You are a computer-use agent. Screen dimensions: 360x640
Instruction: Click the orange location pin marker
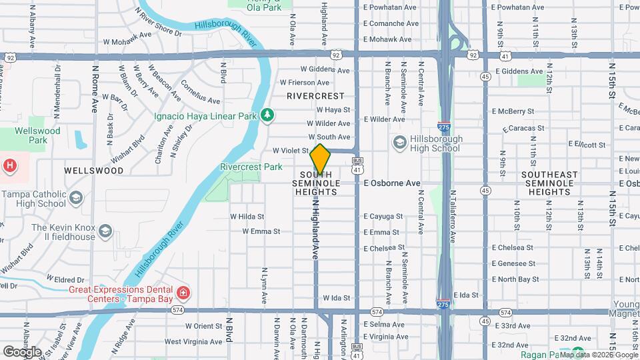click(320, 159)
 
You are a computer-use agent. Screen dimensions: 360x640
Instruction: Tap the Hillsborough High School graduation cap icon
click(399, 141)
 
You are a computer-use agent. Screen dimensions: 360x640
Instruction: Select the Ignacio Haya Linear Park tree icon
click(267, 115)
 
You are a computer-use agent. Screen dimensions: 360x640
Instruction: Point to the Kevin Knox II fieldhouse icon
click(105, 231)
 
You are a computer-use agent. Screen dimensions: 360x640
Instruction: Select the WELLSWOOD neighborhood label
click(94, 171)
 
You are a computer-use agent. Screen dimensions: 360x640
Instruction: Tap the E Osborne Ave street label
click(392, 183)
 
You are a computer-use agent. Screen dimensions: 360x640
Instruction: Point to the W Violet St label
click(291, 151)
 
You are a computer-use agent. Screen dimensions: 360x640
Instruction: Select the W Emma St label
click(261, 231)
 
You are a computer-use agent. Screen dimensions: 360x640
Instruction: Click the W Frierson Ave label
click(305, 83)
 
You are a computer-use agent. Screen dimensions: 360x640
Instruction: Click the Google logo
click(22, 351)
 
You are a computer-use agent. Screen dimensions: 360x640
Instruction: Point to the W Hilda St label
click(247, 216)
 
